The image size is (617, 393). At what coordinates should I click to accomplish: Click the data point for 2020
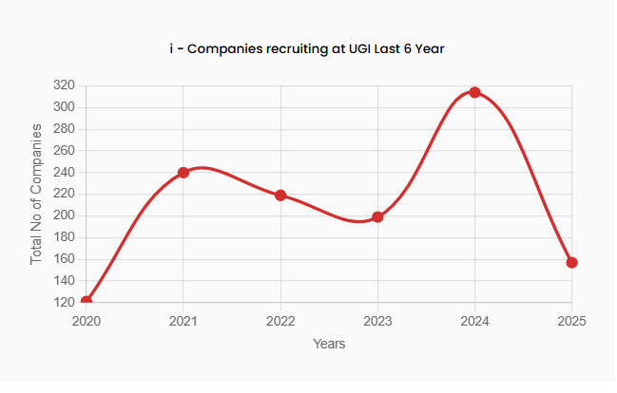[87, 301]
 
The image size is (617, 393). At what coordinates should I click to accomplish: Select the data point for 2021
[183, 173]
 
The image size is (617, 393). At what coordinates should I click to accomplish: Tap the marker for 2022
[280, 196]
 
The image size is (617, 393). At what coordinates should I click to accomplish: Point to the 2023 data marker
[377, 217]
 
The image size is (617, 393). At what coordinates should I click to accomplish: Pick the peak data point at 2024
[474, 92]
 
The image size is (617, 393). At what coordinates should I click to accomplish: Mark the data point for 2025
[571, 262]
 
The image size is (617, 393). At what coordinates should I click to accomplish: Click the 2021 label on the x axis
[183, 321]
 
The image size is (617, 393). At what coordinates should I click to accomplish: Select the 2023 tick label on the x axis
[377, 321]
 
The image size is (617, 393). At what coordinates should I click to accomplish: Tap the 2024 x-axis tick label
[474, 321]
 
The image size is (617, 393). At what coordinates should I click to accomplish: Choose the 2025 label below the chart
[571, 321]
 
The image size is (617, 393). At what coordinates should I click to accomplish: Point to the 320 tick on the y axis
[64, 85]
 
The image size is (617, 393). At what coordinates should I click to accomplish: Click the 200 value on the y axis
[64, 215]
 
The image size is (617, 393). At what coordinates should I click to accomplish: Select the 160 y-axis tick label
[64, 259]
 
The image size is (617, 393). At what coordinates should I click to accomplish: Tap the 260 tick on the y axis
[64, 151]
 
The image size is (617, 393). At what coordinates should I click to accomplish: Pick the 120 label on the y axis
[64, 302]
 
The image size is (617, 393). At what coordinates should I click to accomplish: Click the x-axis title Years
[329, 344]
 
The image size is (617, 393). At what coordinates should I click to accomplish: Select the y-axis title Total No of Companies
[37, 194]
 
